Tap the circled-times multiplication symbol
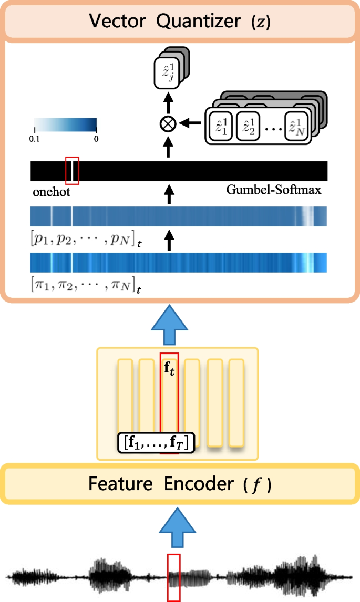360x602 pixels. pos(168,123)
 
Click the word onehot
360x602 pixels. pos(50,192)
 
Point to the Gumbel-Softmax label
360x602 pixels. pos(274,190)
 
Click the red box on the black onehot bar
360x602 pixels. pos(72,171)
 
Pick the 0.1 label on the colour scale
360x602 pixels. pos(36,139)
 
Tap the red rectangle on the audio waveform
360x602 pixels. pos(174,577)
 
